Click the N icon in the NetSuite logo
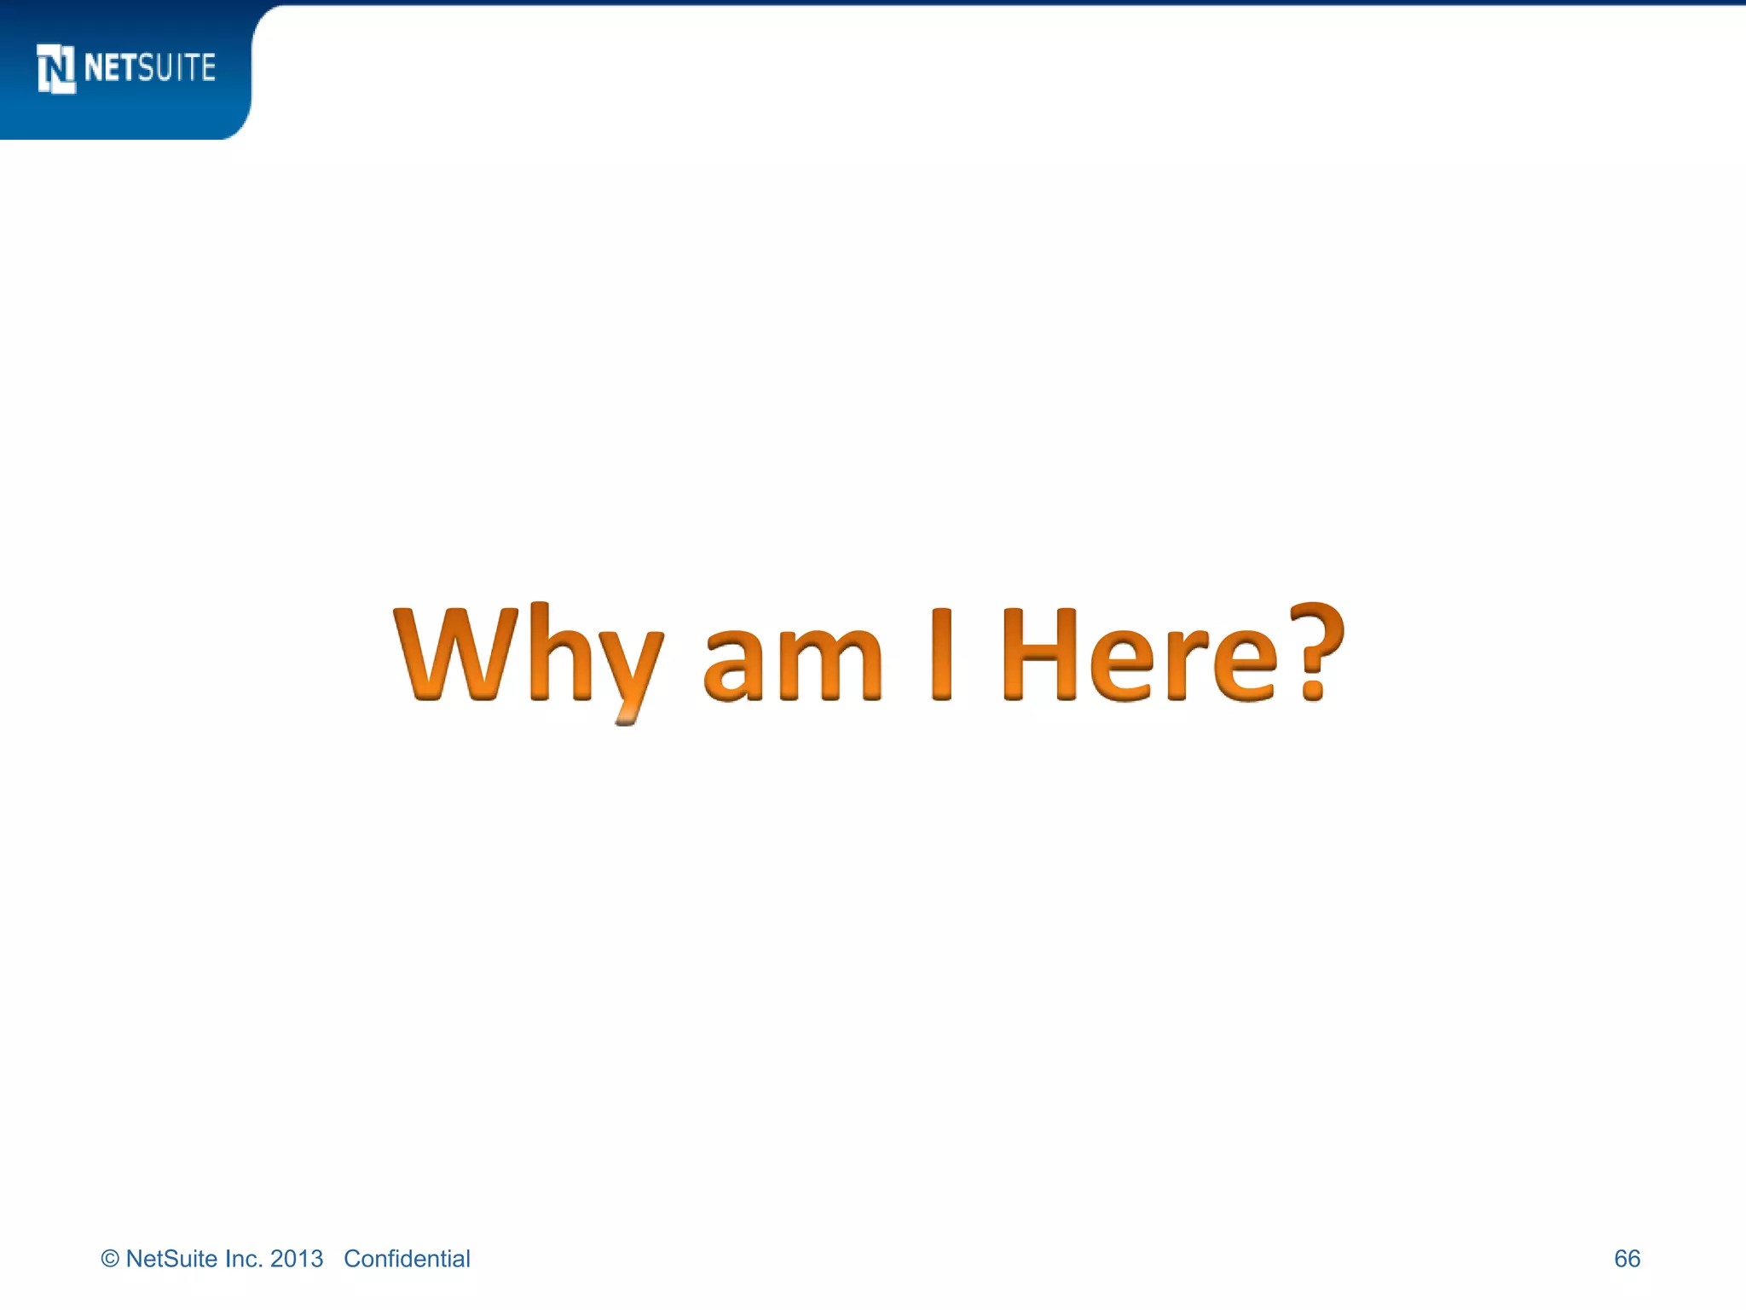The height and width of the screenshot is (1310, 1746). coord(56,68)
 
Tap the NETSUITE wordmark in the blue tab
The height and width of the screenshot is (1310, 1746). coord(150,68)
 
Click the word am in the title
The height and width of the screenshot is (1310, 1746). coord(793,664)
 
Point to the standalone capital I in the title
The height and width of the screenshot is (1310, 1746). coord(941,653)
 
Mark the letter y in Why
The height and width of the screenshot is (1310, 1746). coord(629,674)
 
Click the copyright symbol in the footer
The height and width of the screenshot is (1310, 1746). coord(110,1259)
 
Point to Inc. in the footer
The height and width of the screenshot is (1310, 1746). coord(244,1259)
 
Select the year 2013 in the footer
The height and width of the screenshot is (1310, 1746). coord(297,1259)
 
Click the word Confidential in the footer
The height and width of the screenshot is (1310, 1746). coord(407,1259)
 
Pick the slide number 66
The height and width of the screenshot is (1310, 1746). coord(1627,1259)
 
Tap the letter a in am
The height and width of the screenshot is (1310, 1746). coord(733,665)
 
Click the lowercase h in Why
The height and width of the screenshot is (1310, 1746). coord(560,653)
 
